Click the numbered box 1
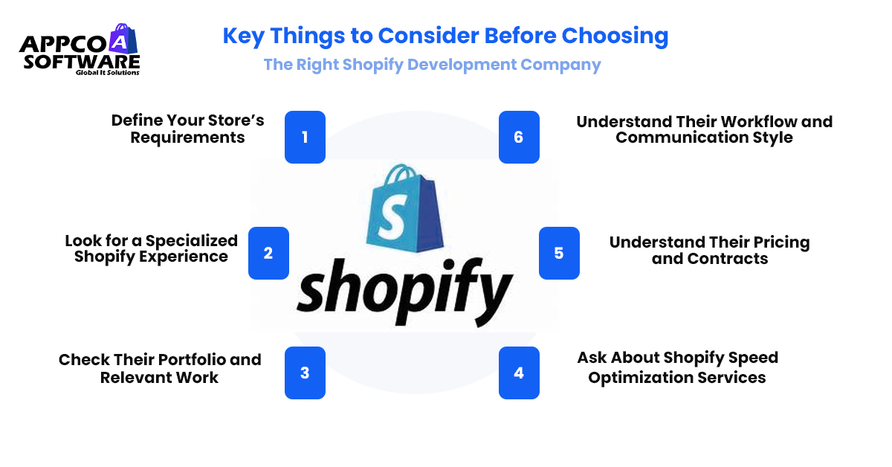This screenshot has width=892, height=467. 305,137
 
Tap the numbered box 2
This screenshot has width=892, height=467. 268,253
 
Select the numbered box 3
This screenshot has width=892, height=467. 305,373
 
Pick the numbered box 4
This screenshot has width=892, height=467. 519,373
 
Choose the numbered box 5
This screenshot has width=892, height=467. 559,253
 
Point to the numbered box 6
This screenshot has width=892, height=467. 519,137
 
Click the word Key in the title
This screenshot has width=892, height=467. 244,36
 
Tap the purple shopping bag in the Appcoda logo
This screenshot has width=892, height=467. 121,39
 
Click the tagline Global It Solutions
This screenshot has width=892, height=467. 107,73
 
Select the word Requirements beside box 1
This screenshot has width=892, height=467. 187,138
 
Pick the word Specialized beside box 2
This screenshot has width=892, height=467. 191,241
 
